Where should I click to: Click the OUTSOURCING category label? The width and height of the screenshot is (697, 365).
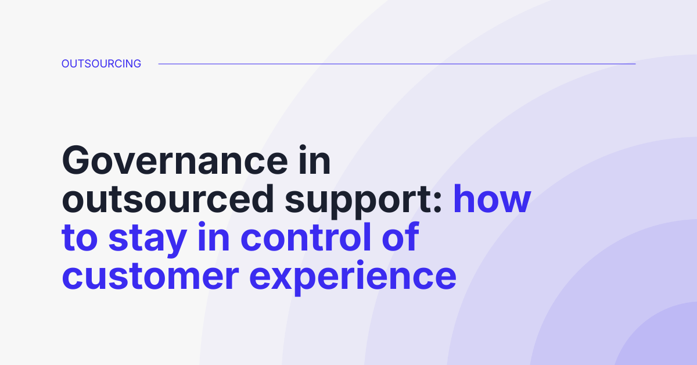tap(101, 64)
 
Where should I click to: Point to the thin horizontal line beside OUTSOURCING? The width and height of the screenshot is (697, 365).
tap(397, 64)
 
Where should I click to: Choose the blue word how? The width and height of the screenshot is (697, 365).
tap(492, 199)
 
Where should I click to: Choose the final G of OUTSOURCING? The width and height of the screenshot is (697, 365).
tap(136, 64)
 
